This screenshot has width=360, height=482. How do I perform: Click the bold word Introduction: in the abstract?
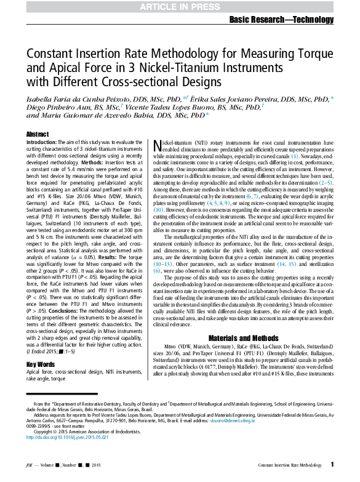point(42,142)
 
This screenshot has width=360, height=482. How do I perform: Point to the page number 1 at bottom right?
point(332,465)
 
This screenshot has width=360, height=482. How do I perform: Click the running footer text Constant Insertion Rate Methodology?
point(286,465)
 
